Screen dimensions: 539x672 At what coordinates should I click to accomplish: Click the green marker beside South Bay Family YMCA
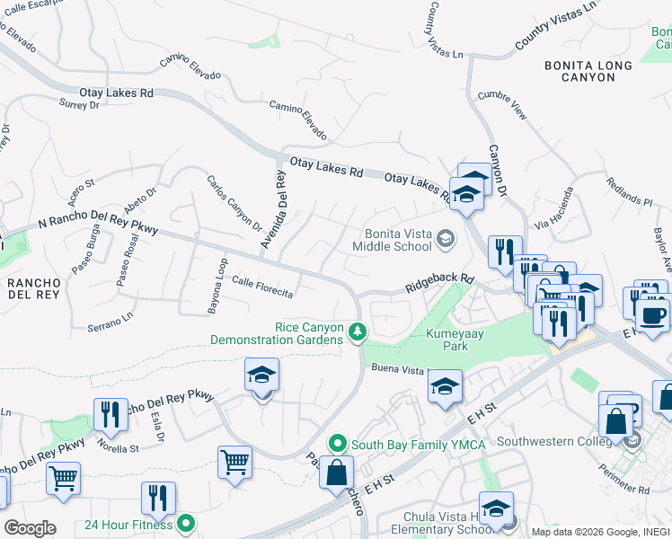pos(337,443)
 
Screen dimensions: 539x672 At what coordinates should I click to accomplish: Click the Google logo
pos(30,527)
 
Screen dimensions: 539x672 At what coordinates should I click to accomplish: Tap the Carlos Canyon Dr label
pos(234,202)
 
